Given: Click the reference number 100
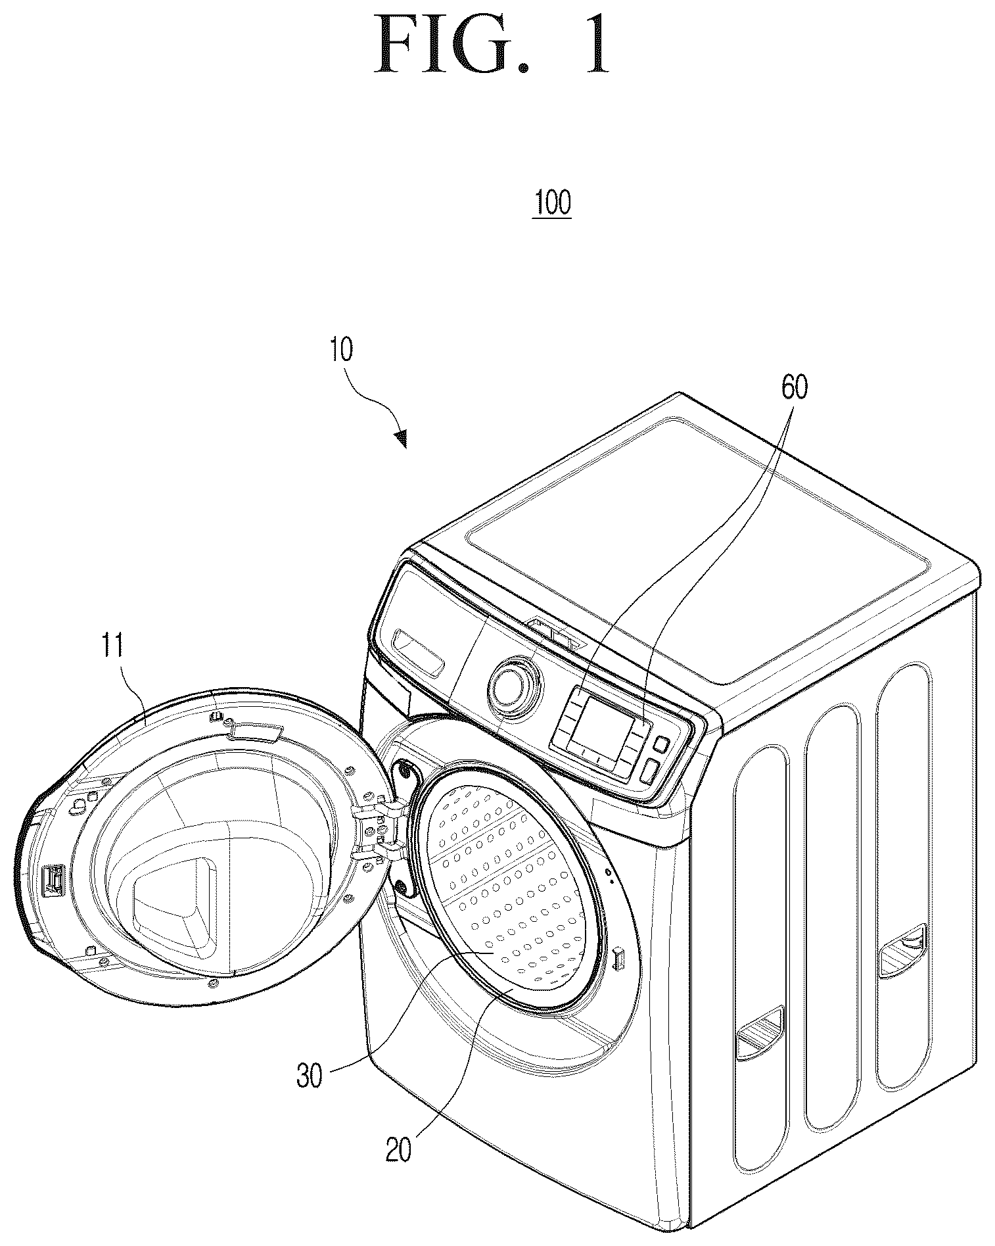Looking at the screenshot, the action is [553, 203].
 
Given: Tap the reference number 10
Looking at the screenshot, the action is [342, 350].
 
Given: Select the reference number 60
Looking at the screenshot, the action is [794, 388].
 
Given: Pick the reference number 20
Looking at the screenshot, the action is [398, 1149].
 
